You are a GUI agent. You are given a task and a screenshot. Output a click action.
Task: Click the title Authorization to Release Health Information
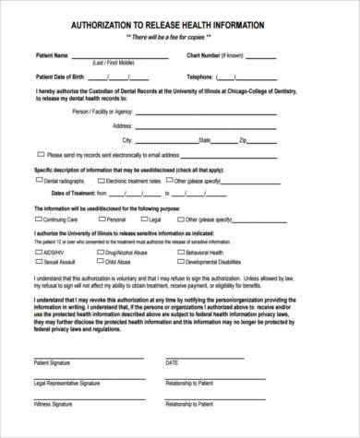click(180, 26)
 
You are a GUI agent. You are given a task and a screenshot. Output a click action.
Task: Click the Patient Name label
click(52, 55)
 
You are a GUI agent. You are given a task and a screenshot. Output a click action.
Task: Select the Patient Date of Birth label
click(62, 77)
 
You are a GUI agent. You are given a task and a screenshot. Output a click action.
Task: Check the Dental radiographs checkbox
click(39, 182)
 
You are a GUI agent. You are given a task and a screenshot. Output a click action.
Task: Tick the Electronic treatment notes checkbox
click(101, 182)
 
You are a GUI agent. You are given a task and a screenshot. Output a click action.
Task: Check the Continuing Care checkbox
click(39, 220)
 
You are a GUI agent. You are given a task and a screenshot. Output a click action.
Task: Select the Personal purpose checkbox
click(102, 220)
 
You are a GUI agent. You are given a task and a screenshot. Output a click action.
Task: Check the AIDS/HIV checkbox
click(39, 252)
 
